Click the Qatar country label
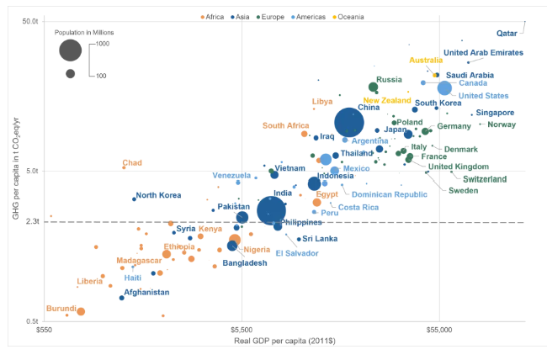tap(506, 34)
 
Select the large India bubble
tap(271, 211)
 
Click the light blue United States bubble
tap(445, 88)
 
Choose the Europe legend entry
tap(274, 17)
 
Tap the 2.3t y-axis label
tap(32, 221)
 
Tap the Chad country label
tap(132, 163)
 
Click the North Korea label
tap(158, 195)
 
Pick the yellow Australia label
tap(426, 60)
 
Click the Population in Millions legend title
tap(84, 32)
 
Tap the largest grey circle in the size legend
tap(71, 50)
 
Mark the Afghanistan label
tap(146, 293)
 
